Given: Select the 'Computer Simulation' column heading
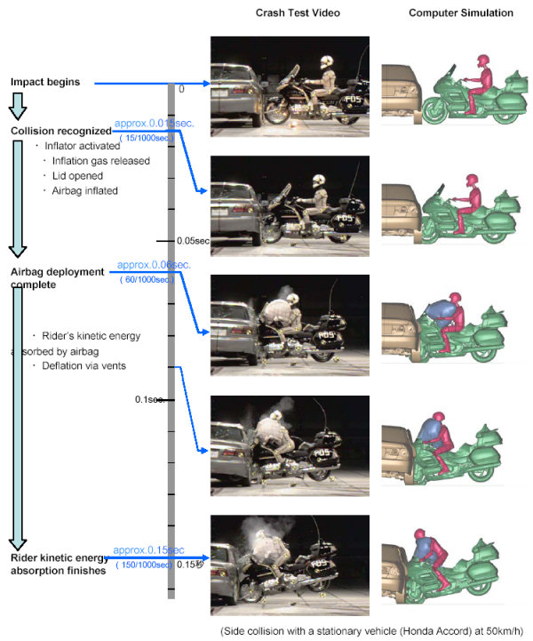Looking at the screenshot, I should coord(460,12).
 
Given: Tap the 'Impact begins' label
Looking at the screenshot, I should coord(45,82).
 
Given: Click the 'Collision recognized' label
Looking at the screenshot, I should coord(60,131).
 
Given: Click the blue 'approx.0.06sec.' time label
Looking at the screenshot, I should coord(153,265).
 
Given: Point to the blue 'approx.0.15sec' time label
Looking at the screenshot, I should coord(148,550).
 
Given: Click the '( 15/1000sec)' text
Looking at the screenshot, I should coord(147,139).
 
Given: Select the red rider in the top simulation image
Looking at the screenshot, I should coord(481,76).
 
